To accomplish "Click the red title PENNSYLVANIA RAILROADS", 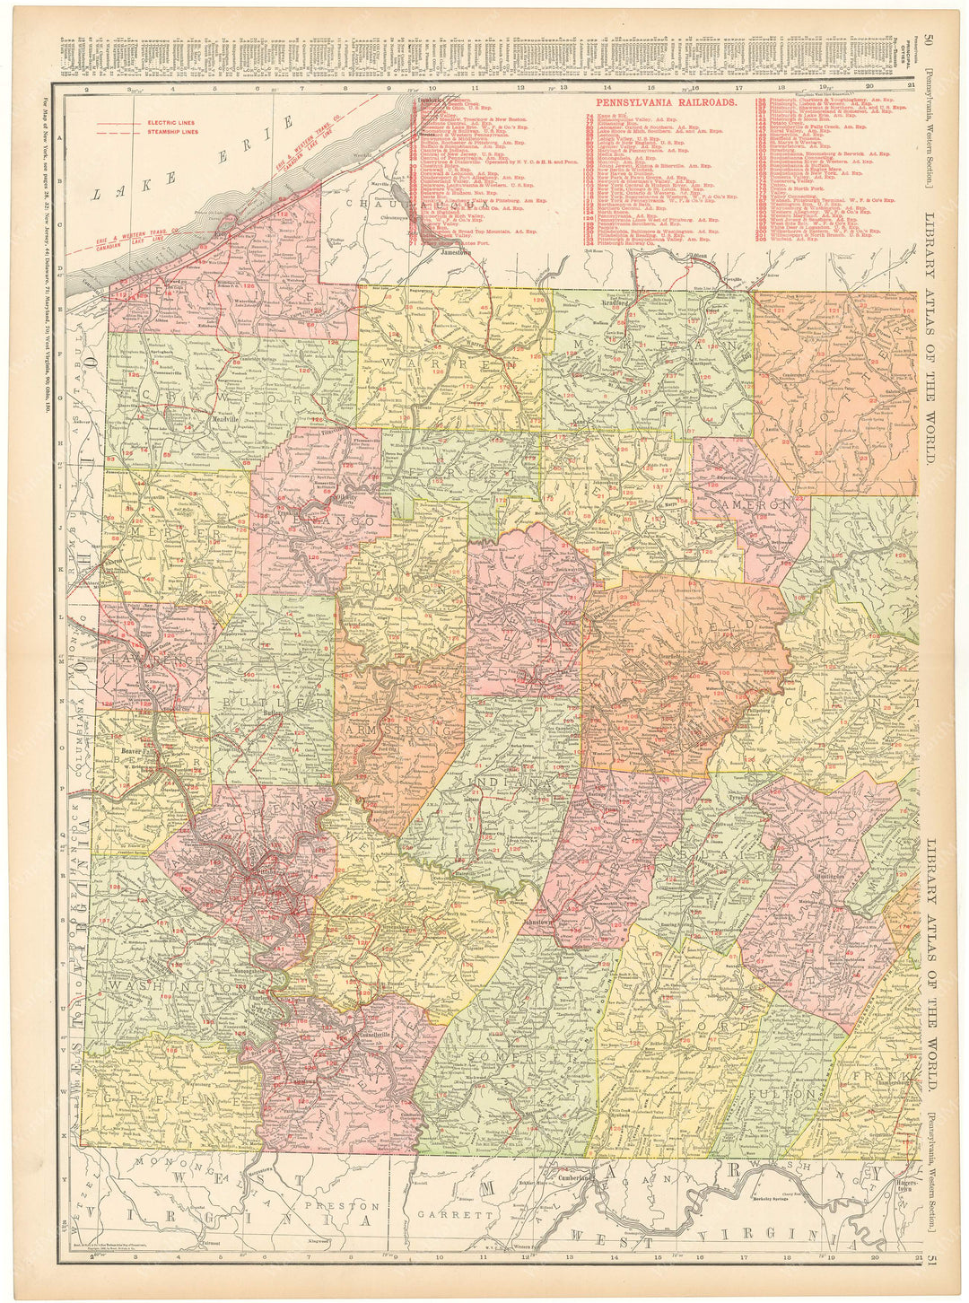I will [x=667, y=103].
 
